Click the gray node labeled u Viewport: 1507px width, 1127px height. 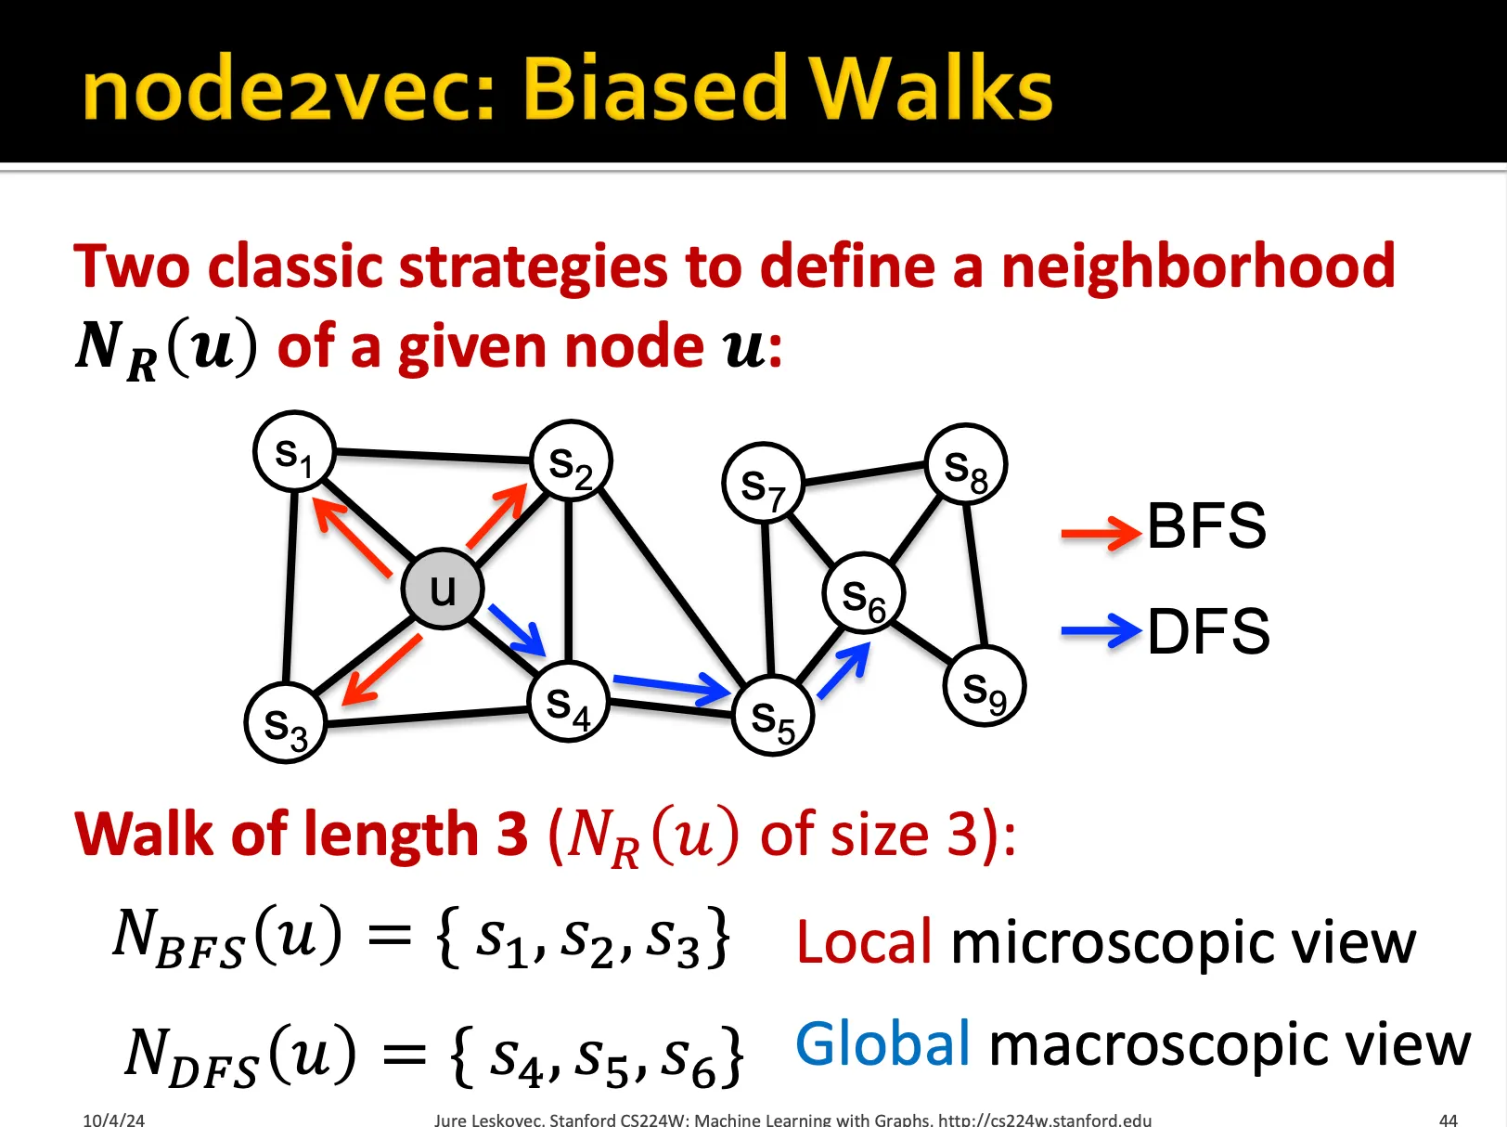tap(443, 589)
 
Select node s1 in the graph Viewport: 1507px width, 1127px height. tap(294, 452)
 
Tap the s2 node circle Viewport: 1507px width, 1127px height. tap(571, 461)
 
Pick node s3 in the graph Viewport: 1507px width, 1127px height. tap(285, 723)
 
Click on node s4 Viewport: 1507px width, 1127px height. tap(568, 703)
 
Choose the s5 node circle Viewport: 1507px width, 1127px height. tap(772, 716)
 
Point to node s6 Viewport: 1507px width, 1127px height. tap(863, 593)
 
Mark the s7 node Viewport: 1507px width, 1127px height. tap(763, 483)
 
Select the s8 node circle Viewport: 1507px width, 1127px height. tap(966, 464)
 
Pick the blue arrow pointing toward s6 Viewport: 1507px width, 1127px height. tap(844, 669)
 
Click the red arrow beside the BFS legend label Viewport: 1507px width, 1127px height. tap(1101, 532)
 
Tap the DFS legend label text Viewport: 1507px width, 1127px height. tap(1208, 632)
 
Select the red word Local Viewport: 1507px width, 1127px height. tap(864, 942)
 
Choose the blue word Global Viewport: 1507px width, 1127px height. tap(882, 1043)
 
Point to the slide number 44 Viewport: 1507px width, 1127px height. tap(1448, 1120)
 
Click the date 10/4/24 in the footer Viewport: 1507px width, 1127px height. tap(113, 1120)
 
